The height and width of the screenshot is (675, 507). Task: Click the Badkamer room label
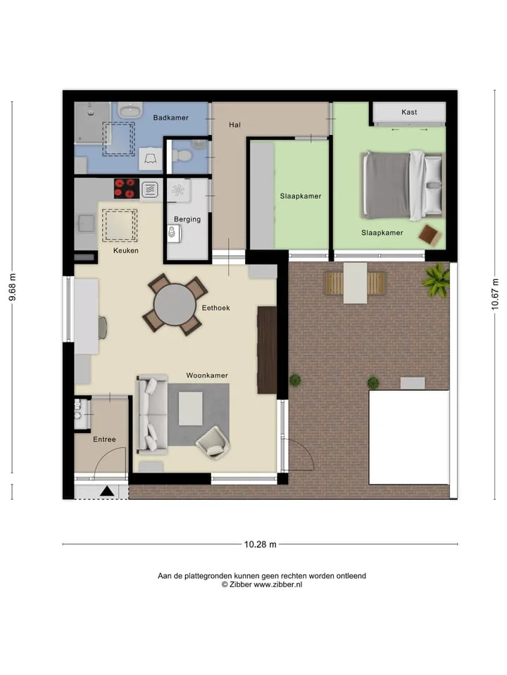click(170, 117)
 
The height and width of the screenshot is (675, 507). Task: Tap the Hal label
click(234, 125)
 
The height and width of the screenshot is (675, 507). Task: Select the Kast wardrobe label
click(409, 112)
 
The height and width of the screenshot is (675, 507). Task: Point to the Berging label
click(187, 219)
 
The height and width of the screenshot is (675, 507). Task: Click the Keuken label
click(126, 250)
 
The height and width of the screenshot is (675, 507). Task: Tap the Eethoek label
click(215, 308)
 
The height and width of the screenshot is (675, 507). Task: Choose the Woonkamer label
click(207, 375)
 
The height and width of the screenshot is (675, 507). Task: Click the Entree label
click(104, 439)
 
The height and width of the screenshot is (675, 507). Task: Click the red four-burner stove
click(126, 188)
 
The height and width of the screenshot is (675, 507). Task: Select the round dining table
click(175, 304)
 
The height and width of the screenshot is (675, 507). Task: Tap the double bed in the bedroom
click(403, 185)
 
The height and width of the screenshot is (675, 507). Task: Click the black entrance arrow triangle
click(107, 491)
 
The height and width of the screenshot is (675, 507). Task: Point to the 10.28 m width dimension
click(261, 544)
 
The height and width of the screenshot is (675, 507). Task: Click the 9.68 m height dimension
click(13, 288)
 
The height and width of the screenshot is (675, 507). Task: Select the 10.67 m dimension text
click(495, 294)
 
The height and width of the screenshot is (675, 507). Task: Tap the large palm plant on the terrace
click(437, 280)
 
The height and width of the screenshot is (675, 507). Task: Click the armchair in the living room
click(213, 442)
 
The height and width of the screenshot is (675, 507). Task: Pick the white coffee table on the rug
click(191, 409)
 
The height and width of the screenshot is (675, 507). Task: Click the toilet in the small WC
click(182, 155)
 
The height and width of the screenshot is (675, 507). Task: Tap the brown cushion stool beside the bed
click(430, 235)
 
